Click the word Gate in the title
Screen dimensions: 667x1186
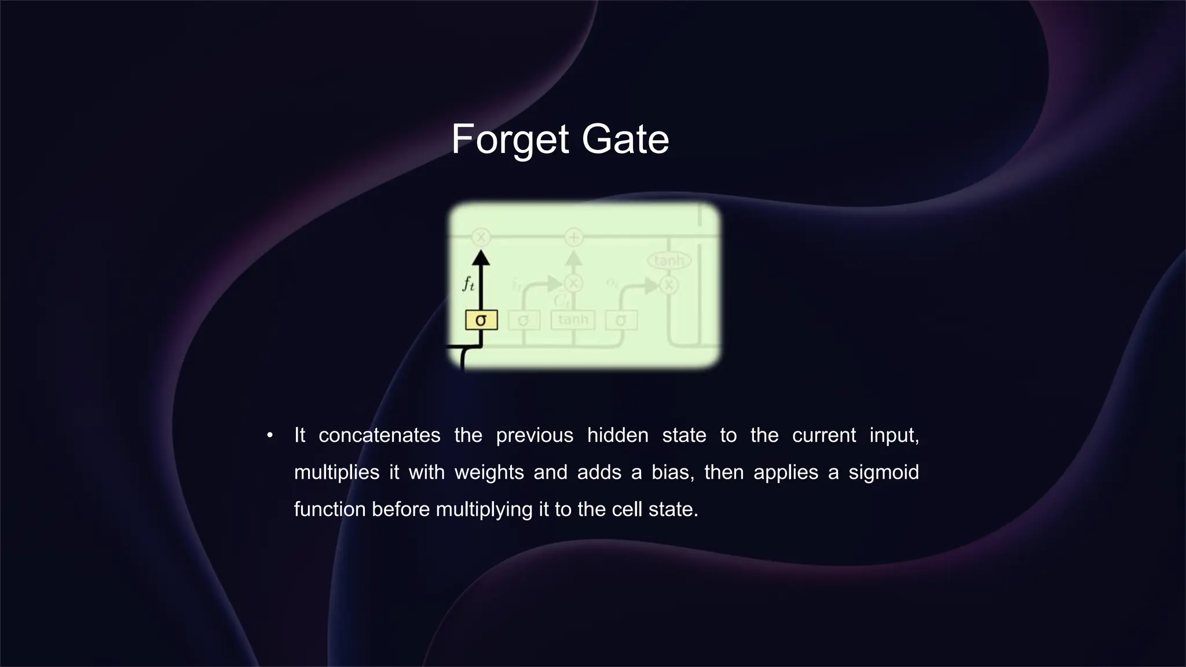coord(625,140)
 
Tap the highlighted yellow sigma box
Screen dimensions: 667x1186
coord(481,320)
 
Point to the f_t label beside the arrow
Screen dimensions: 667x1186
coord(468,284)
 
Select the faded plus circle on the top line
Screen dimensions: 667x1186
coord(573,237)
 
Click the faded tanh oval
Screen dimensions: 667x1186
coord(669,261)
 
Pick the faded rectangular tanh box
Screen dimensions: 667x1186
coord(573,320)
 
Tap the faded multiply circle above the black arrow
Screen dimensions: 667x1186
coord(481,237)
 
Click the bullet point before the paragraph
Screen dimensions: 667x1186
coord(270,435)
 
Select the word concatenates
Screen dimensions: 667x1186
coord(379,435)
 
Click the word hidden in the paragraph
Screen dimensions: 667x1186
coord(618,435)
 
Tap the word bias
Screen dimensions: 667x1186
coord(672,472)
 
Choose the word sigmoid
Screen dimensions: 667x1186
coord(884,472)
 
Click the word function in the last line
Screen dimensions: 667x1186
coord(330,510)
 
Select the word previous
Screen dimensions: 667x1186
coord(535,435)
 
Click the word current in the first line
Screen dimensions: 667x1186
coord(823,435)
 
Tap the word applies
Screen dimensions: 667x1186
coord(785,472)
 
